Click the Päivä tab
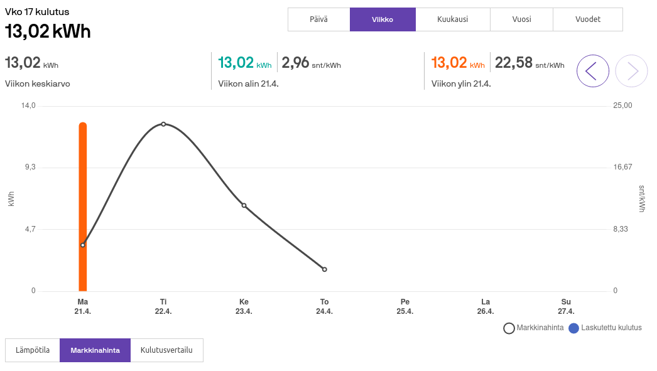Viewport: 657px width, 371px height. (x=318, y=19)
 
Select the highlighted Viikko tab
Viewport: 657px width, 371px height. (x=383, y=19)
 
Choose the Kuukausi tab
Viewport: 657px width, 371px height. (x=452, y=19)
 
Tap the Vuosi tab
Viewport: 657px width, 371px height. (x=521, y=19)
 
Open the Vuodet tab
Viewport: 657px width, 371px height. (x=588, y=19)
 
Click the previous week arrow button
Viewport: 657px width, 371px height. (x=592, y=71)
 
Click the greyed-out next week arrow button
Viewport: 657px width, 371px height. (x=631, y=71)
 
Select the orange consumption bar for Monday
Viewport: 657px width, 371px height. (x=82, y=207)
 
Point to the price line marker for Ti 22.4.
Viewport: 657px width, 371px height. (x=163, y=124)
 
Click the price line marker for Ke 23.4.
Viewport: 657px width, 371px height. (x=244, y=205)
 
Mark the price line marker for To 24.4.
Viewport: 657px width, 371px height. (x=325, y=269)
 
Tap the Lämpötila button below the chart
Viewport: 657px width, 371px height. (x=33, y=350)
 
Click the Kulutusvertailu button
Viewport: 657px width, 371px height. (x=166, y=350)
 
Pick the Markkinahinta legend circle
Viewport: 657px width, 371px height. (x=509, y=328)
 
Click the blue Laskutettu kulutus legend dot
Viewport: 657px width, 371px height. (x=573, y=328)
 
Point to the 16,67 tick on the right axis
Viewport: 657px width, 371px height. (x=622, y=167)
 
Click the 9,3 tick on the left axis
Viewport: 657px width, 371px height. (x=30, y=167)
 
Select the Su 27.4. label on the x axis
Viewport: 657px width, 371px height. (x=566, y=306)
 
